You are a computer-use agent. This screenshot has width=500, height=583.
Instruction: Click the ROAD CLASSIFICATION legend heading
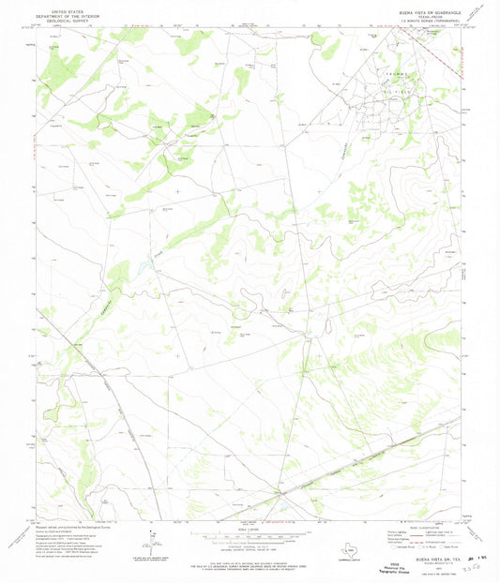coord(414,527)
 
